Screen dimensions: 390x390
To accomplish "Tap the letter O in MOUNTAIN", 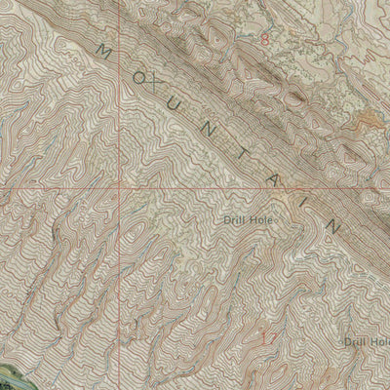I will [x=136, y=75].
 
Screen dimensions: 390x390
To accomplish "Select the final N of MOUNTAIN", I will [x=334, y=227].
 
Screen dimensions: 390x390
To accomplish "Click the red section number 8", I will [x=264, y=39].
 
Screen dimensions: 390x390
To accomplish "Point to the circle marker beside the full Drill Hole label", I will [x=277, y=220].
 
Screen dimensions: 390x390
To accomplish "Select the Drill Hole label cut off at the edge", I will [x=368, y=341].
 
